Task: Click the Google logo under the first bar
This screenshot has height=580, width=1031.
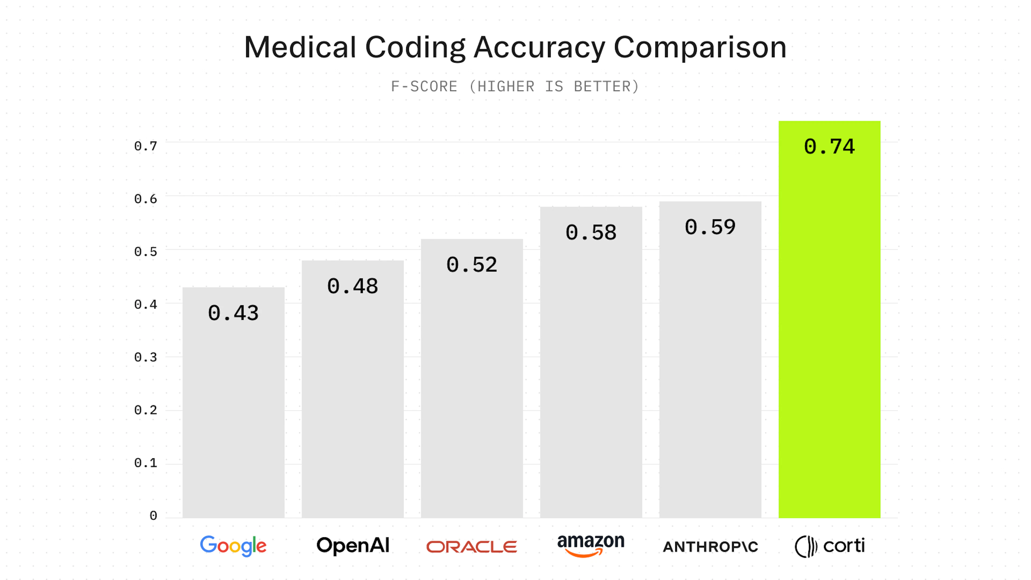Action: [x=233, y=546]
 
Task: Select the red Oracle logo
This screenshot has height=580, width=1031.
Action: [x=471, y=547]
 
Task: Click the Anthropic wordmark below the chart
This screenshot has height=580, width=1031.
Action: [x=710, y=547]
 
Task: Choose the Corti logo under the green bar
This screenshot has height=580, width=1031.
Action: [x=830, y=546]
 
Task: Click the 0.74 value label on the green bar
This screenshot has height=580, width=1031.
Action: [x=829, y=147]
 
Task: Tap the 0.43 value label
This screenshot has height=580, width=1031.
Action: [x=233, y=313]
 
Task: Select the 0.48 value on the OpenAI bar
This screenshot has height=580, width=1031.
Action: [x=353, y=286]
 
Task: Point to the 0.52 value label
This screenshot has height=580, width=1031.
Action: [x=472, y=264]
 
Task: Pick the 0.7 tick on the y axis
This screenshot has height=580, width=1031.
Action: [x=146, y=146]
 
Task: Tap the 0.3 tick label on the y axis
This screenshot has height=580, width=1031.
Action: [x=146, y=357]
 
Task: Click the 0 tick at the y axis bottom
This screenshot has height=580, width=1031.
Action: [x=153, y=516]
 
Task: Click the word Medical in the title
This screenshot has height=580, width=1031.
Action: [x=300, y=47]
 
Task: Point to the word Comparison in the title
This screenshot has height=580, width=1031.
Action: [x=700, y=47]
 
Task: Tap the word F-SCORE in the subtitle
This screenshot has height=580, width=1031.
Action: [x=424, y=86]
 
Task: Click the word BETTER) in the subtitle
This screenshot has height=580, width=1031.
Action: [x=606, y=86]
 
